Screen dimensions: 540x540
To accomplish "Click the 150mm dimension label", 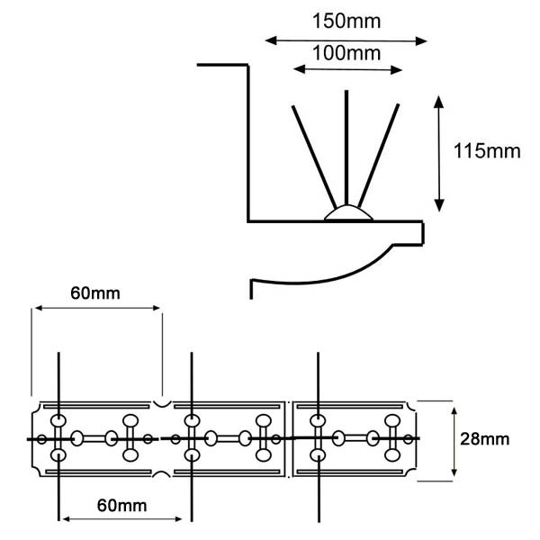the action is click(346, 22).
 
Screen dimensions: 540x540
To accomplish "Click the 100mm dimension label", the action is click(346, 53).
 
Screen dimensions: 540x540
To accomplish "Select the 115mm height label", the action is click(487, 151).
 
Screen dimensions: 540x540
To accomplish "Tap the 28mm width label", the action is click(484, 439).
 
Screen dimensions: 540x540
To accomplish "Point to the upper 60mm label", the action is click(95, 293).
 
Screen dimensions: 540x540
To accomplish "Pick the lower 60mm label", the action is click(121, 506).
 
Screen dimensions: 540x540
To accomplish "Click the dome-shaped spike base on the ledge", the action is click(348, 212).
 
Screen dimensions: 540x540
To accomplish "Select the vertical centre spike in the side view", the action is click(346, 148).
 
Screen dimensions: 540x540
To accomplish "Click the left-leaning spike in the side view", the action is click(314, 157).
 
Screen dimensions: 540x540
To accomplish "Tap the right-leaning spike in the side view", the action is click(379, 156).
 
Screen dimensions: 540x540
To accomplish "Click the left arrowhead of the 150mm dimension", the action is click(271, 40).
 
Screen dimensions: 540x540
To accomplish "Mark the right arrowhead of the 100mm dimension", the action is click(396, 70).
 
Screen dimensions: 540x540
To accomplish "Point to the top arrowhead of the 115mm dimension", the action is click(438, 102).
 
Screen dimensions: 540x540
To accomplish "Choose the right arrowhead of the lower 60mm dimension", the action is click(177, 518).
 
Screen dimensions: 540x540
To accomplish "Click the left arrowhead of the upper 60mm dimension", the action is click(40, 308).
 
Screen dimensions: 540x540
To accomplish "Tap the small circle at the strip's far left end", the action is click(41, 439).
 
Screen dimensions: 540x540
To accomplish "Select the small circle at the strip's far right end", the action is click(408, 439).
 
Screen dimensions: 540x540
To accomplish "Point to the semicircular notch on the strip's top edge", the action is click(162, 404).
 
